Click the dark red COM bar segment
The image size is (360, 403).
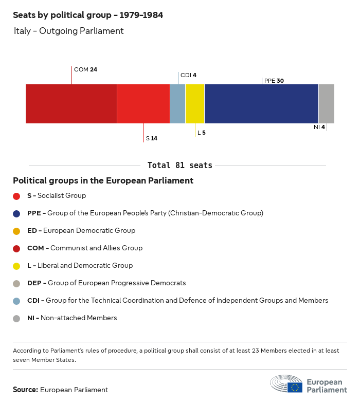(x=71, y=104)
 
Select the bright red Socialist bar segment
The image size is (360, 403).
(x=143, y=104)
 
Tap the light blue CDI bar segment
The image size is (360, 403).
(x=177, y=104)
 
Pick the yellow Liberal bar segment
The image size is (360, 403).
(x=195, y=104)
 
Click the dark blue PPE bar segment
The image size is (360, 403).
(x=261, y=104)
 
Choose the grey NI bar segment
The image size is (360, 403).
(x=327, y=104)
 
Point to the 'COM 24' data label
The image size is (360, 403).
(x=85, y=69)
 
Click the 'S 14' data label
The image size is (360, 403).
(x=152, y=138)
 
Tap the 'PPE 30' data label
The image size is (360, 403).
(x=274, y=81)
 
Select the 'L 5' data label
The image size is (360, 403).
(x=202, y=133)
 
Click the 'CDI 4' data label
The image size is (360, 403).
(x=188, y=75)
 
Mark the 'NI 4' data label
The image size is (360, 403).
(x=319, y=127)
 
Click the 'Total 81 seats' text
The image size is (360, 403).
(x=179, y=166)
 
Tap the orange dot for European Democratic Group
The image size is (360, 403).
(x=16, y=231)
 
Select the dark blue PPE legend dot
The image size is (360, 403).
(x=16, y=213)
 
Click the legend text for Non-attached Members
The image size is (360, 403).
(x=72, y=318)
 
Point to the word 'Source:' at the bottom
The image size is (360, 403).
(x=25, y=390)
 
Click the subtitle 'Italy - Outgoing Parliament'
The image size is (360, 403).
(x=69, y=31)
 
